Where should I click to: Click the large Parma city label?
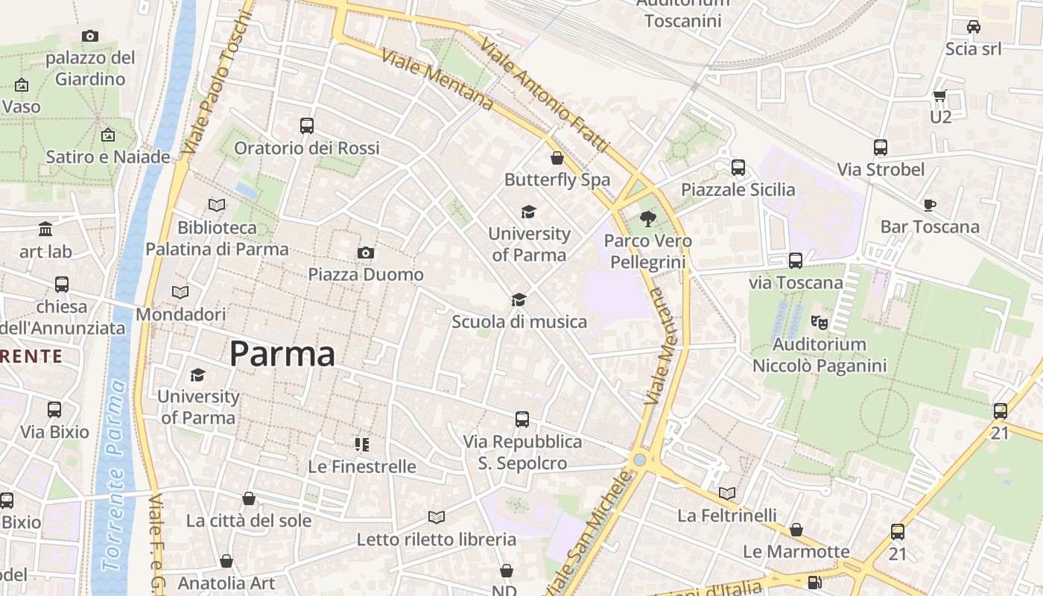282,354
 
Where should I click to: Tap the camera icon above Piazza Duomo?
365,253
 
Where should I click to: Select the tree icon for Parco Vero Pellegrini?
648,218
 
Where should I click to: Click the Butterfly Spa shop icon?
557,158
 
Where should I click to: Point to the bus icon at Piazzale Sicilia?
738,168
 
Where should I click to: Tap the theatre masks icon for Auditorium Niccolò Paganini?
819,323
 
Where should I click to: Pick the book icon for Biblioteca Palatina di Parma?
217,205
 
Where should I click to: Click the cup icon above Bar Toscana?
929,205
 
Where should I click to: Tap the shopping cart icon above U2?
939,95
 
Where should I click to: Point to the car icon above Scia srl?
973,27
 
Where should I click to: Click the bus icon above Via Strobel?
881,148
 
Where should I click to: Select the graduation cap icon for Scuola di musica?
519,299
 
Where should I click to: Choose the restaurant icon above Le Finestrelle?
362,445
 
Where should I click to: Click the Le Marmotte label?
796,551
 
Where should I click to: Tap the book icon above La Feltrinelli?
727,493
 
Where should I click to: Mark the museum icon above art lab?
45,229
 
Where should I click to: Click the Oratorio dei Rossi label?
307,148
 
